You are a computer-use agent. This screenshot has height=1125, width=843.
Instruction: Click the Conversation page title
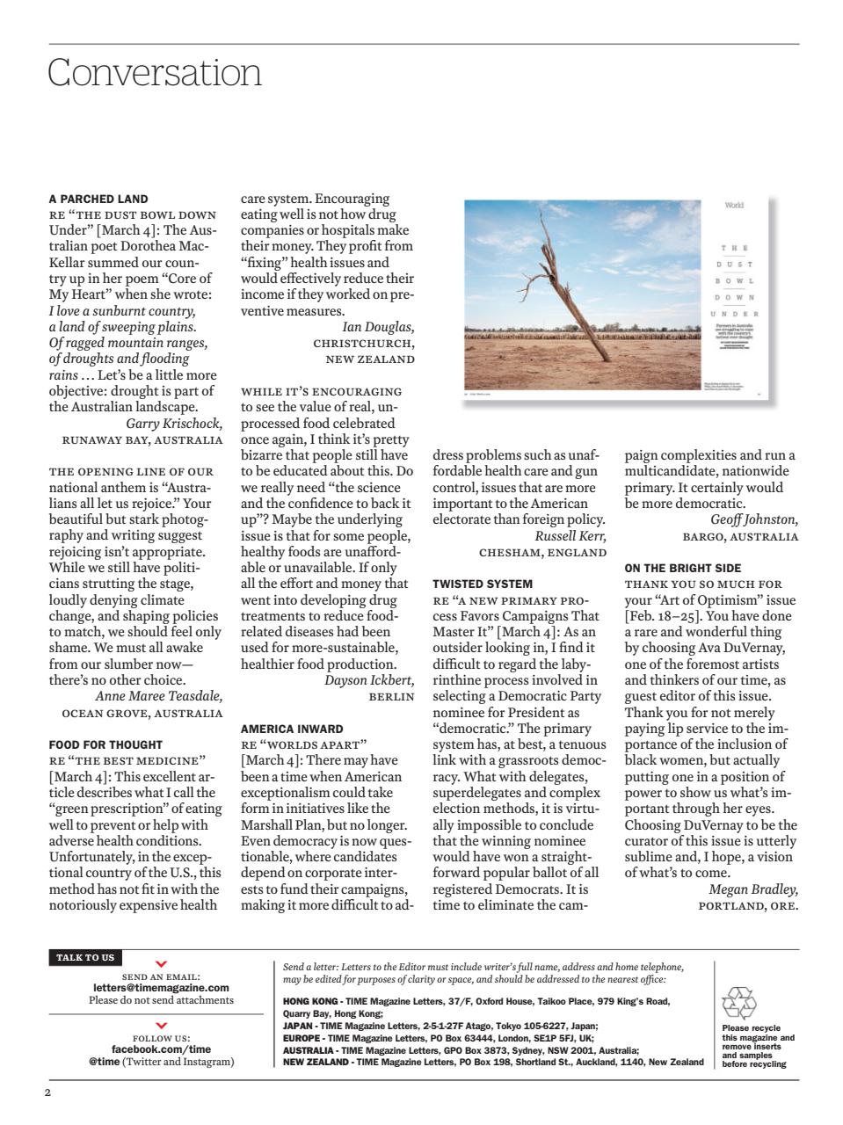155,72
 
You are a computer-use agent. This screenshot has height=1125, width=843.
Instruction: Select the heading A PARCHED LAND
98,199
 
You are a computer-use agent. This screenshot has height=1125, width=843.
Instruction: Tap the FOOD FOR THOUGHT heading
105,744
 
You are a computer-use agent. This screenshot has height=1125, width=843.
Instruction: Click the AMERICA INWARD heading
292,729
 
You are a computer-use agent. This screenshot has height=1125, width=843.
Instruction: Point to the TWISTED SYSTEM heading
482,584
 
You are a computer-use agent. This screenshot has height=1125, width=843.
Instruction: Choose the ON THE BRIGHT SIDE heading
683,568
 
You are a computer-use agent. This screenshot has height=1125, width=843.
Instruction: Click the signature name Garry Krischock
174,424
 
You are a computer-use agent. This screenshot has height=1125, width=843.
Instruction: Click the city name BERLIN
391,696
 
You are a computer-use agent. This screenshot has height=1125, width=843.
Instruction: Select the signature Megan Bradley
753,889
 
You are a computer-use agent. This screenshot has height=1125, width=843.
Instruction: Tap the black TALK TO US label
85,957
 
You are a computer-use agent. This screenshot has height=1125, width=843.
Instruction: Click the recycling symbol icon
738,1003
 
